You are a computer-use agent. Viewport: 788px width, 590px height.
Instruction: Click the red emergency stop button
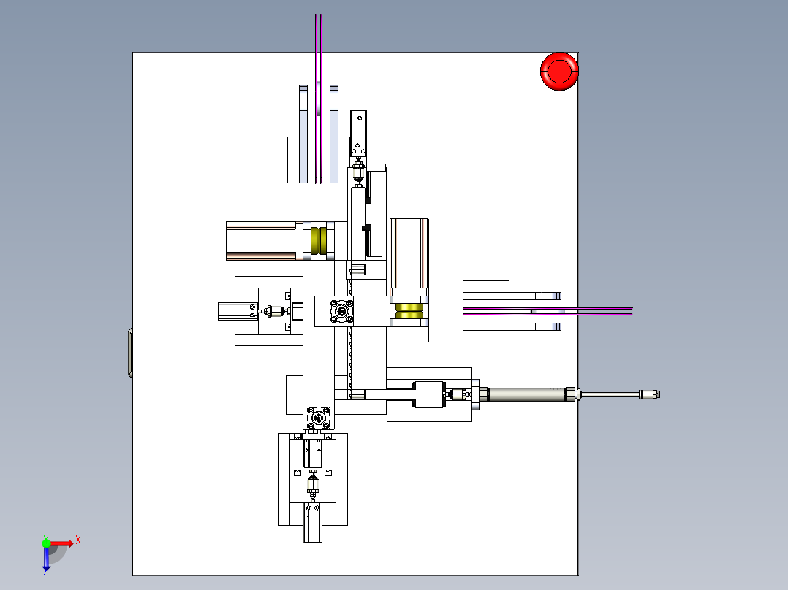[559, 72]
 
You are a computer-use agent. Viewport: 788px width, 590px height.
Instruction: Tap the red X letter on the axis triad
[78, 540]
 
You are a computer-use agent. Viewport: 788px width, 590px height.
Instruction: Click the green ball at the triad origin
[46, 543]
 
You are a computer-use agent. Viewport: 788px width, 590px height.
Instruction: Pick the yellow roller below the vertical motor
[409, 311]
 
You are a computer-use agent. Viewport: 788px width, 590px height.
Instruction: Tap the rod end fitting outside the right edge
[649, 395]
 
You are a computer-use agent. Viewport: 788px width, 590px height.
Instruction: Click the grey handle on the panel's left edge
[130, 353]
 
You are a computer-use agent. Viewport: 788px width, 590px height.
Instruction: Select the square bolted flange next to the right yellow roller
[342, 311]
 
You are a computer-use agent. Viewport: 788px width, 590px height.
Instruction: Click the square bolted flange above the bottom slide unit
[319, 418]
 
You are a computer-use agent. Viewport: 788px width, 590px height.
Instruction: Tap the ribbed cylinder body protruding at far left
[238, 311]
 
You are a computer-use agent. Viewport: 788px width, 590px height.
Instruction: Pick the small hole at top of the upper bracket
[360, 118]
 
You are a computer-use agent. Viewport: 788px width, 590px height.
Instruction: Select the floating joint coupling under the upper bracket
[358, 172]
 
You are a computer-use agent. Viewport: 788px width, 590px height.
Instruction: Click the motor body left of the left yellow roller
[265, 241]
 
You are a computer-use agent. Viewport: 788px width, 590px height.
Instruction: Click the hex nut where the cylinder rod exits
[570, 394]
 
